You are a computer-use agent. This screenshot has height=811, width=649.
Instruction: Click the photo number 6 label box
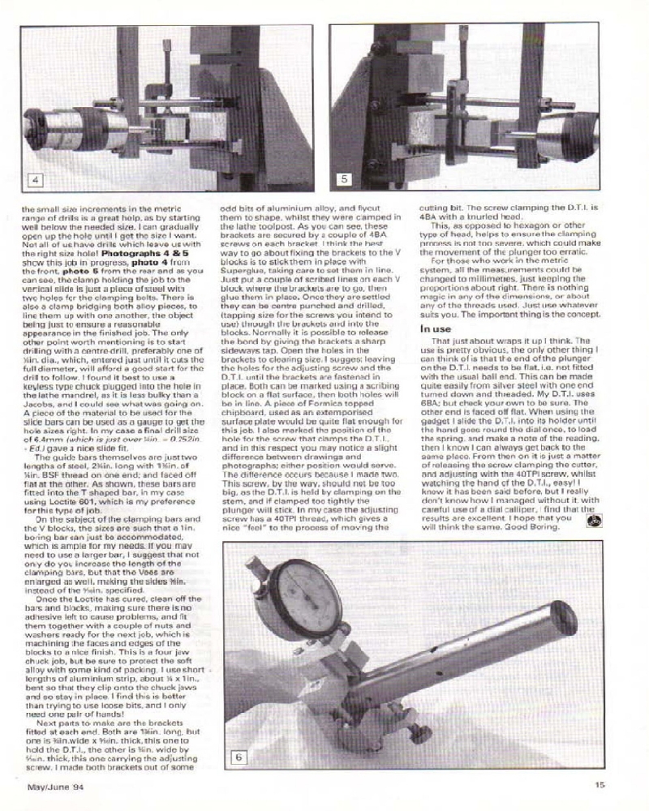point(239,757)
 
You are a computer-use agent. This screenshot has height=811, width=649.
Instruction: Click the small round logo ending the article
point(592,523)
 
